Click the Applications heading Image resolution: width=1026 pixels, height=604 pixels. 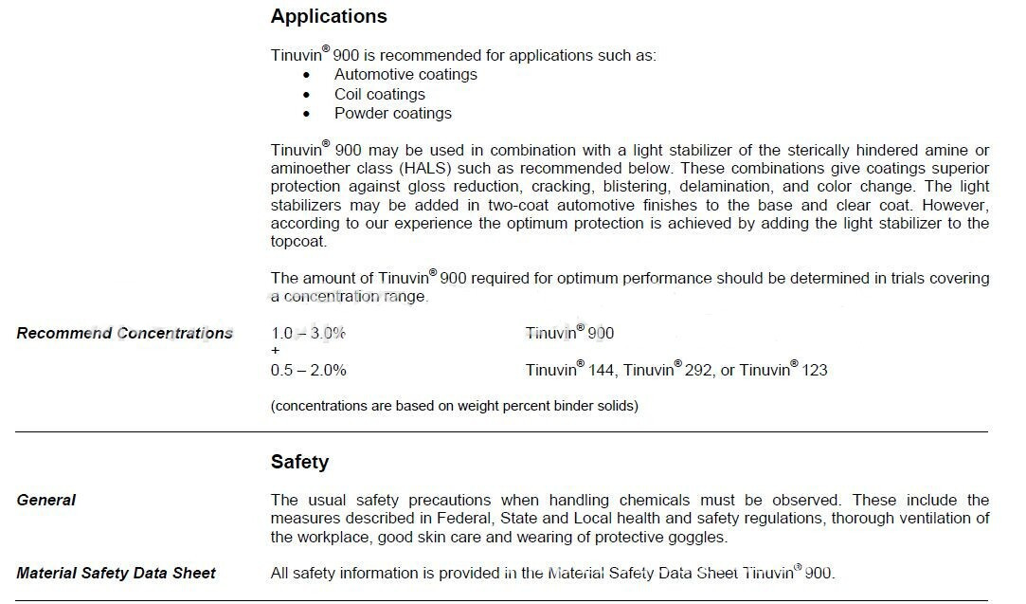329,17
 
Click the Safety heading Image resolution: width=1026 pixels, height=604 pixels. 299,463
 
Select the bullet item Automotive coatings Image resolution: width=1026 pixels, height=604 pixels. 405,75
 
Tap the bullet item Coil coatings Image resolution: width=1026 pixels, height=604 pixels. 379,95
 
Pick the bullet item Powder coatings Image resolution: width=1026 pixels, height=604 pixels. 392,114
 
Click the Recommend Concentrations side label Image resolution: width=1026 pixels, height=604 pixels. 125,334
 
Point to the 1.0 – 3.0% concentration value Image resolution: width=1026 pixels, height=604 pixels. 309,334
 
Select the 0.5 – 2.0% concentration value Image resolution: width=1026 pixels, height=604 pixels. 309,371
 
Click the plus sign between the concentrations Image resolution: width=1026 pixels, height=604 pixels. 276,351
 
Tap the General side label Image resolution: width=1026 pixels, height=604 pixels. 46,501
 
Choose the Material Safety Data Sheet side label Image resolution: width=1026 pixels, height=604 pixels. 117,574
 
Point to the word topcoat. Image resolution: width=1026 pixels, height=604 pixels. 298,242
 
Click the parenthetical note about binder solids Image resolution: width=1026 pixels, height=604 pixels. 455,407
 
